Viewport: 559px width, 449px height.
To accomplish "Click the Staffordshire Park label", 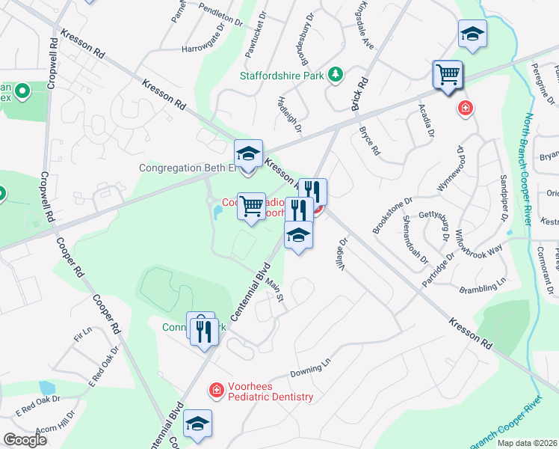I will [282, 75].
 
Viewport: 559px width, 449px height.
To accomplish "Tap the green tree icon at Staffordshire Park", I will [336, 74].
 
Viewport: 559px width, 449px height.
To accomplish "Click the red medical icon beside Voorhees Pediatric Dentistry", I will [215, 390].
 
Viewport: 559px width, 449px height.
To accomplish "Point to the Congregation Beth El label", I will [188, 168].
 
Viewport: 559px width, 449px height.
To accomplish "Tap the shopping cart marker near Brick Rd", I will [448, 76].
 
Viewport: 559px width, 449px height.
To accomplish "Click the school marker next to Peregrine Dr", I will [472, 34].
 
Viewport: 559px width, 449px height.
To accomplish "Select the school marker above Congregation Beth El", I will [249, 155].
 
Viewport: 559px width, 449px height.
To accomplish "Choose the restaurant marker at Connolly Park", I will [205, 330].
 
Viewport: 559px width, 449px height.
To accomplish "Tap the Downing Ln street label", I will [310, 369].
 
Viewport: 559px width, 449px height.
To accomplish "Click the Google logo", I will [25, 440].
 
